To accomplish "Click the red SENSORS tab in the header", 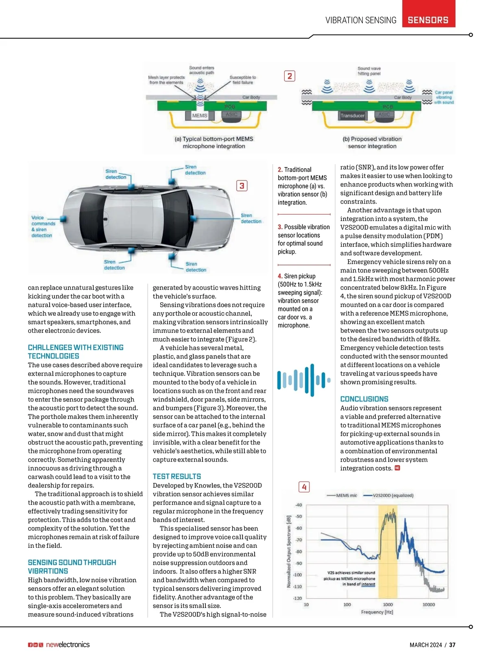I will click(x=428, y=20).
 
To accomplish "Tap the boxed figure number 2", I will click(x=290, y=76).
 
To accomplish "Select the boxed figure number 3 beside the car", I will click(x=242, y=186).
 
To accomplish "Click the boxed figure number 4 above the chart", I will click(x=304, y=487).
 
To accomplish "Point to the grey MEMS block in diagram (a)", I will click(x=199, y=116).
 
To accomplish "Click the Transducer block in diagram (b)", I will click(x=352, y=116).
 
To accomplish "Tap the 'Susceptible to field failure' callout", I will click(x=243, y=80).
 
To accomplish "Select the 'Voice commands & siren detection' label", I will click(x=43, y=227).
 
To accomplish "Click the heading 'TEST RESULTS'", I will click(x=176, y=476).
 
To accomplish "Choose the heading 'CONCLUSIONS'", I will click(x=364, y=399).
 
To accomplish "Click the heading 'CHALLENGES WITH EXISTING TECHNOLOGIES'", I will click(x=75, y=352).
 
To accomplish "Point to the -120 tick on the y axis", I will click(x=298, y=598).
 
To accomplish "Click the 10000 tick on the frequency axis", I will click(x=429, y=605).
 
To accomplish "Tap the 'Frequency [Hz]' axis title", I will click(x=377, y=612).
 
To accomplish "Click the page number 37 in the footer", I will click(x=452, y=645).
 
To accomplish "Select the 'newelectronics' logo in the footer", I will click(x=68, y=644).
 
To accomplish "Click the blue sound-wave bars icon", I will click(x=303, y=380).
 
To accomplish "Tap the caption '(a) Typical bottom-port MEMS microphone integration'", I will click(x=214, y=143).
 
